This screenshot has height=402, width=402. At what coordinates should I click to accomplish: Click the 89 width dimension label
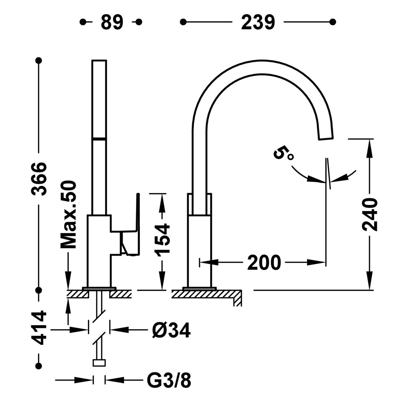[x=112, y=22]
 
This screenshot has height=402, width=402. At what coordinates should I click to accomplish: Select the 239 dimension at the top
[x=258, y=22]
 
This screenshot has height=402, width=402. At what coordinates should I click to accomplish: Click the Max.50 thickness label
[x=68, y=215]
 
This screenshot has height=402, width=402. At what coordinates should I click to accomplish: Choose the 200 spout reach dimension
[x=264, y=262]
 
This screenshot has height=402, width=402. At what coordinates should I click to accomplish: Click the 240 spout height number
[x=370, y=214]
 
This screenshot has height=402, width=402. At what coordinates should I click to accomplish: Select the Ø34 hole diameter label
[x=171, y=331]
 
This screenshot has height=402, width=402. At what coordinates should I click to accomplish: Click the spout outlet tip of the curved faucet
[x=326, y=135]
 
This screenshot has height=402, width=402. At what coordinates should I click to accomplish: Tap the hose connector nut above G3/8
[x=99, y=363]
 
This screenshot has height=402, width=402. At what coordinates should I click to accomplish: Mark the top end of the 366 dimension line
[x=39, y=61]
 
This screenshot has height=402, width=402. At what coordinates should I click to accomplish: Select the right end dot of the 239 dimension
[x=333, y=22]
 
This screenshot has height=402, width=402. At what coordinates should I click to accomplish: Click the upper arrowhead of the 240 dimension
[x=370, y=147]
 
